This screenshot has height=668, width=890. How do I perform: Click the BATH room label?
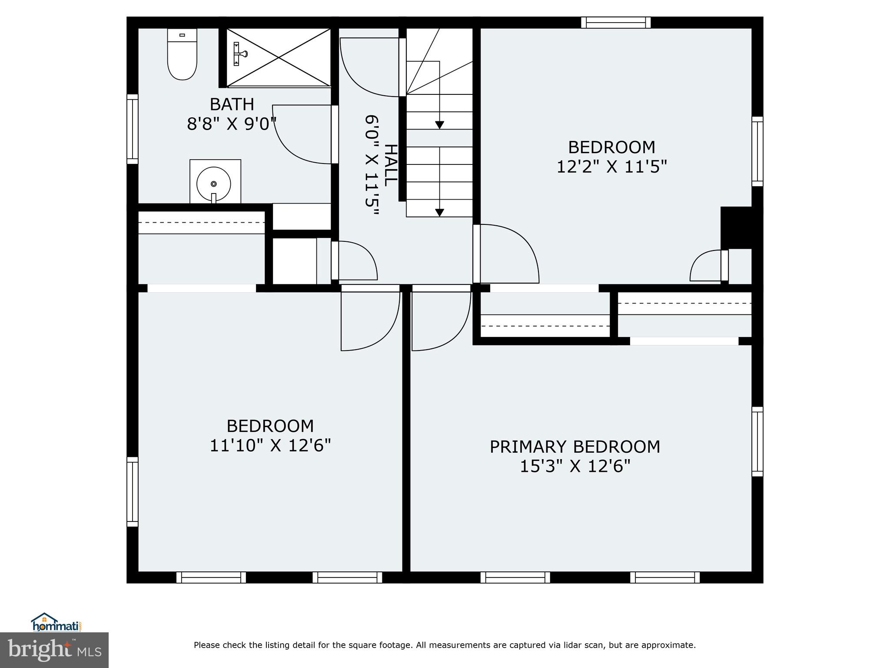(232, 104)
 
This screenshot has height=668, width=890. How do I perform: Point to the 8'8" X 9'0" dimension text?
(232, 124)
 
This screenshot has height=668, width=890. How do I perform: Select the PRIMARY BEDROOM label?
(575, 447)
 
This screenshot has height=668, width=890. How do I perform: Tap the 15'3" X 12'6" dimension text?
(575, 467)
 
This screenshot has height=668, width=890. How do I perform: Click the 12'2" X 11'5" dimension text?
(611, 167)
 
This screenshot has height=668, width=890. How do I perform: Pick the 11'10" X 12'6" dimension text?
(270, 445)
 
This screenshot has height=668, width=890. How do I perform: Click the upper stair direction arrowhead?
(439, 125)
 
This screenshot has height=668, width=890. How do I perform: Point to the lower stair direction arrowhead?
(439, 212)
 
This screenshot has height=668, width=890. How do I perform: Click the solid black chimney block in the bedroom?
(736, 227)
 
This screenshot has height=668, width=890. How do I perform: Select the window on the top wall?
(616, 22)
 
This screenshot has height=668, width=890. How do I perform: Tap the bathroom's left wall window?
(132, 129)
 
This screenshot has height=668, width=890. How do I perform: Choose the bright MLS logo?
(54, 650)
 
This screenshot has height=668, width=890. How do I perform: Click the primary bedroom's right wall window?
(757, 442)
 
